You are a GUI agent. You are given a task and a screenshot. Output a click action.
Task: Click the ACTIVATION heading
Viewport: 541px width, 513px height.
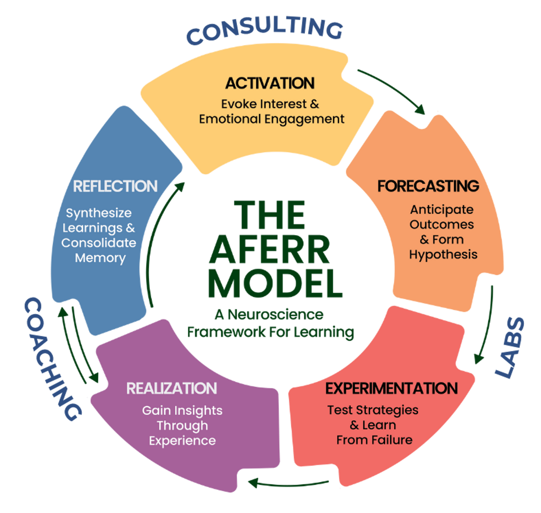coord(270,83)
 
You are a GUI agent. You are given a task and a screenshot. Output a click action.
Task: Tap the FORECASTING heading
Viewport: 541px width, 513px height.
coord(428,186)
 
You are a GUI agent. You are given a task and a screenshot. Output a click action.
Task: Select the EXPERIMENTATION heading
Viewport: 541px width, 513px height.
coord(391,388)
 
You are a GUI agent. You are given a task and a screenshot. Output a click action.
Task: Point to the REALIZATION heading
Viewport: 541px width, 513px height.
coord(171,389)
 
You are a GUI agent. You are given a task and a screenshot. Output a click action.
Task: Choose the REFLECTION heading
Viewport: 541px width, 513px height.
coord(115,187)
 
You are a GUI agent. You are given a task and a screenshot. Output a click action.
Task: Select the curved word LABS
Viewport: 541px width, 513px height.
coord(510,348)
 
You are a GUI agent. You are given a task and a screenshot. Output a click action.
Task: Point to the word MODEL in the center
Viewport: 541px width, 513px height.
coord(275,284)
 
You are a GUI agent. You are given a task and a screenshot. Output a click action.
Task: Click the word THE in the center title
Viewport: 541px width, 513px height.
coord(270,215)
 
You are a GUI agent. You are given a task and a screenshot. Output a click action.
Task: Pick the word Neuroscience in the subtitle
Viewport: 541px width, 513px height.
coord(275,315)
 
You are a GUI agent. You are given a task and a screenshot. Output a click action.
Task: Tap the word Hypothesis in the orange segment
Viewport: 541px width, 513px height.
coord(443,255)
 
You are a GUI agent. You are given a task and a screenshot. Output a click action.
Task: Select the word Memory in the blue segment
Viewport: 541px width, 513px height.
coord(100,258)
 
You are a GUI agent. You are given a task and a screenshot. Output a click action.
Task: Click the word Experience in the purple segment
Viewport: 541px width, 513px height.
coord(182,441)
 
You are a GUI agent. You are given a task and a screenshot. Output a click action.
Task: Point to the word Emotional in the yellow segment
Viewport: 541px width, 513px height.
coord(230,119)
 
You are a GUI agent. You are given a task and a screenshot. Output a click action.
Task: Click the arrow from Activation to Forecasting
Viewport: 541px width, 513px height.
coord(392,90)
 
